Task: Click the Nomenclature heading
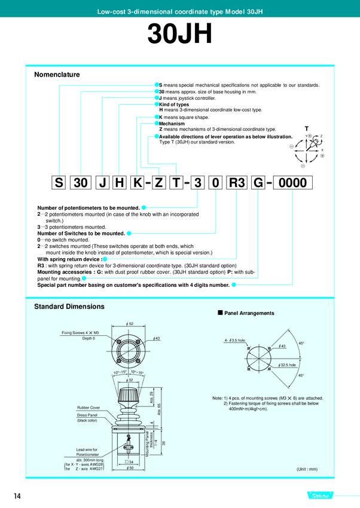tap(57, 75)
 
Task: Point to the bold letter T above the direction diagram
tap(307, 128)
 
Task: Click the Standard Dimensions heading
tap(69, 306)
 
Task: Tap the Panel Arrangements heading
tap(249, 313)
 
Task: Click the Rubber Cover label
tap(88, 408)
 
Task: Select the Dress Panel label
tap(87, 415)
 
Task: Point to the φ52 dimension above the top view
tap(130, 323)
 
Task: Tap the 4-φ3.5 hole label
tap(235, 341)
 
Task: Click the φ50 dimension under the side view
tap(130, 468)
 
